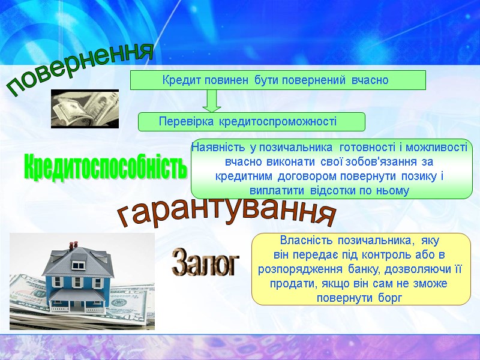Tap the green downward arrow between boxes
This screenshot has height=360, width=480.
(211, 101)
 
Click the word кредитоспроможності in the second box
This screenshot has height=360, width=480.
(278, 122)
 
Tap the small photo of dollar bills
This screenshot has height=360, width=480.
(85, 109)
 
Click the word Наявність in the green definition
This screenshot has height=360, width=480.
(214, 147)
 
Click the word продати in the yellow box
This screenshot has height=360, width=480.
(290, 283)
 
